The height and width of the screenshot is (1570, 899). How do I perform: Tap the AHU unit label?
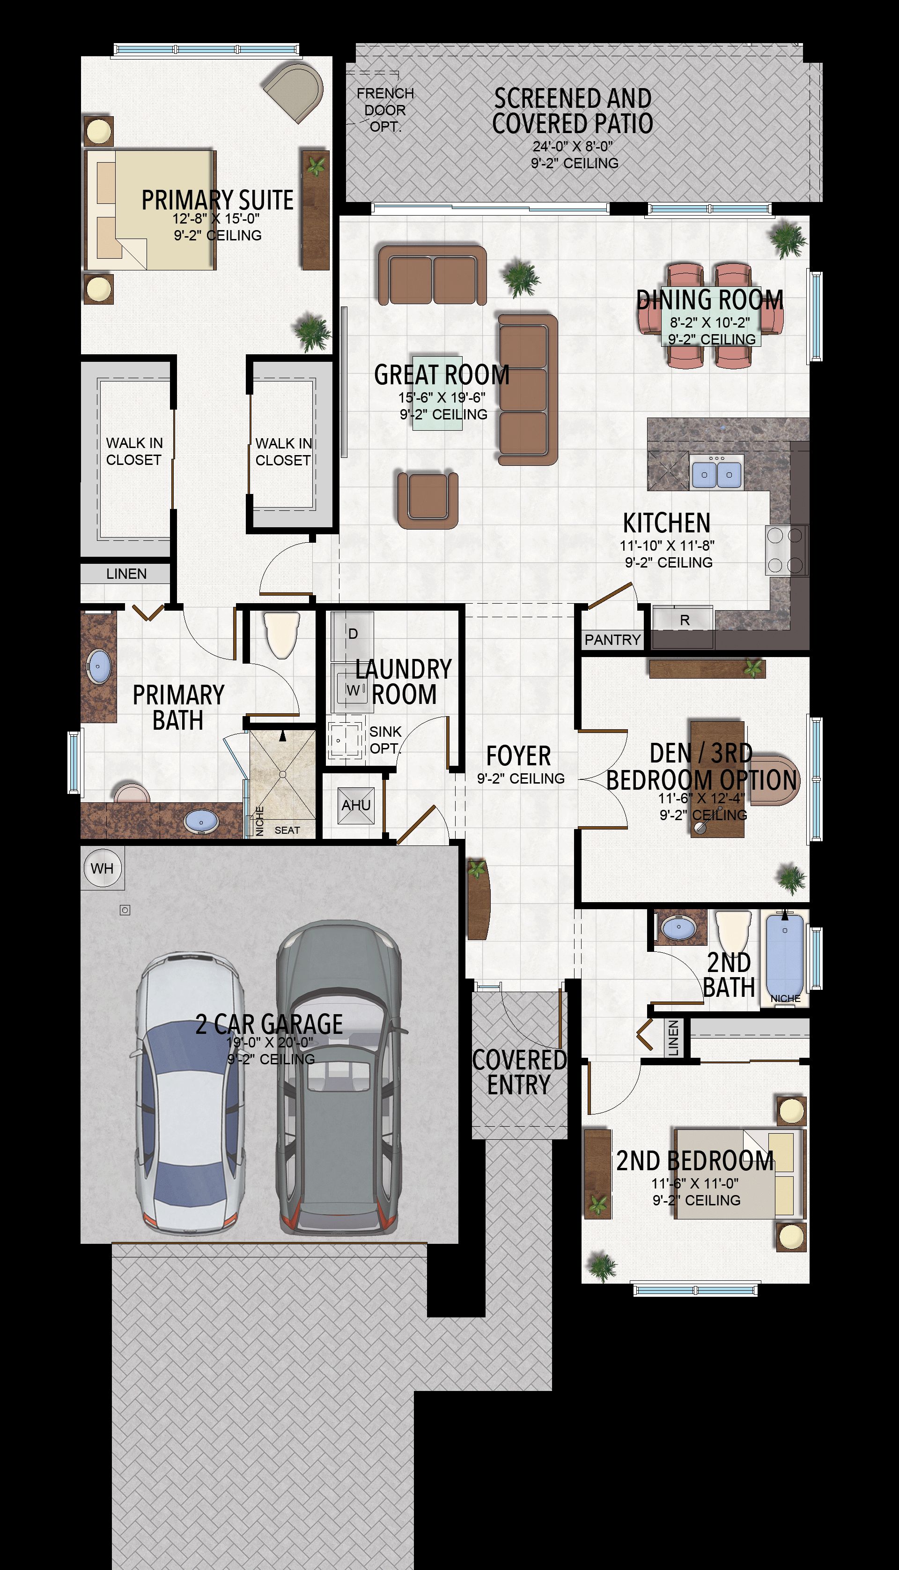click(x=356, y=805)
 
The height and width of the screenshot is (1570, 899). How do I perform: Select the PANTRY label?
click(x=612, y=640)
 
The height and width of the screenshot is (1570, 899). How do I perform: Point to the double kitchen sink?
click(x=717, y=473)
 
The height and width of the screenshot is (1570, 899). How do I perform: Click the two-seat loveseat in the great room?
click(x=432, y=275)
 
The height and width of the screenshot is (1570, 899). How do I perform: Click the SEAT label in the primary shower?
click(x=287, y=830)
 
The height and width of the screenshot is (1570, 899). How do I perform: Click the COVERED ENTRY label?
click(x=519, y=1072)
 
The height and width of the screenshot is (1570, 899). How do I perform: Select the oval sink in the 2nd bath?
click(x=678, y=927)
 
